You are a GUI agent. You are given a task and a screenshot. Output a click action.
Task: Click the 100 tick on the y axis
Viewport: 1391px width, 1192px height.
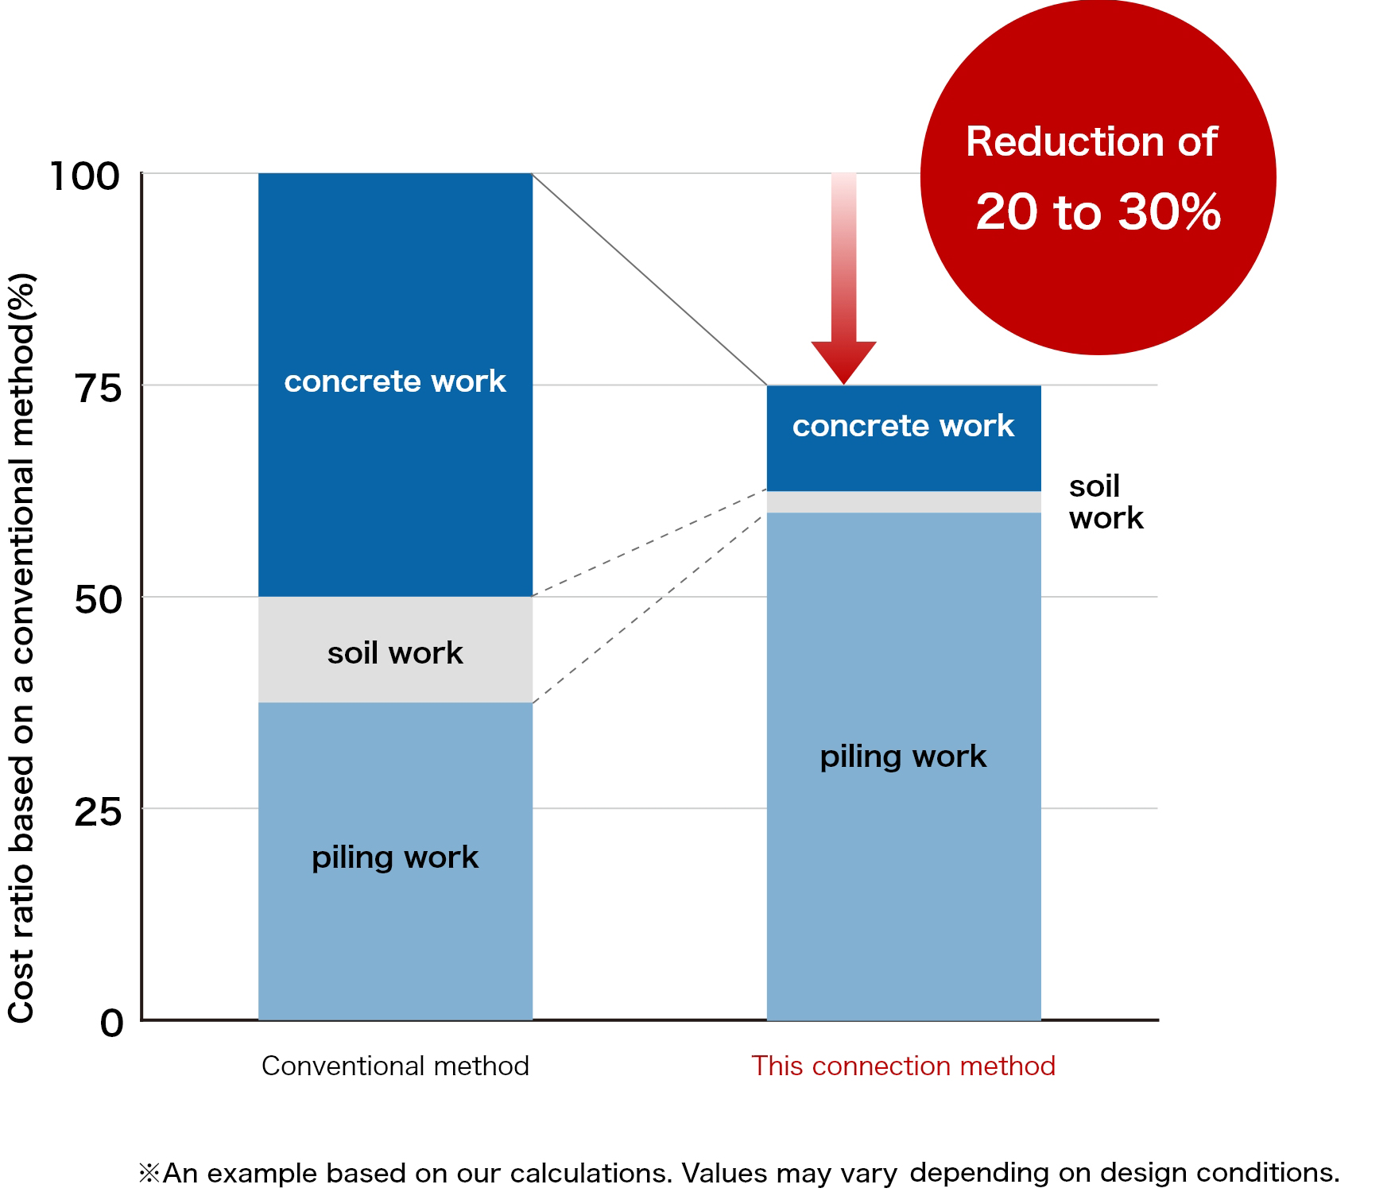(84, 176)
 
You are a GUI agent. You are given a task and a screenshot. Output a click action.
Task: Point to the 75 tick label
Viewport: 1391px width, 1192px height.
(99, 388)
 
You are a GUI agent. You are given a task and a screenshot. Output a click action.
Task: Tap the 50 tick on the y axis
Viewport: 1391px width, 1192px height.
(99, 599)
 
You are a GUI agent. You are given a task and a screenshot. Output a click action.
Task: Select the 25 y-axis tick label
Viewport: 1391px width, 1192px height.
(99, 811)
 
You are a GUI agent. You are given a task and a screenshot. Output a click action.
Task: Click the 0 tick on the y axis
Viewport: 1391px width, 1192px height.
(112, 1023)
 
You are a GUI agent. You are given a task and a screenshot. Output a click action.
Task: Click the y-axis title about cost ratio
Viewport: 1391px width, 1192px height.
(21, 648)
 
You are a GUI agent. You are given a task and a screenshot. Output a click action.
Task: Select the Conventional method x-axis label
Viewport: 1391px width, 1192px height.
(395, 1066)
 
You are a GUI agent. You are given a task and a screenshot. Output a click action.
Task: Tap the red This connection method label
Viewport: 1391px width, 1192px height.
(903, 1066)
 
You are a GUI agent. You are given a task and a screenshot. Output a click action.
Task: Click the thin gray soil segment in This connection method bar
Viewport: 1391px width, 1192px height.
(904, 502)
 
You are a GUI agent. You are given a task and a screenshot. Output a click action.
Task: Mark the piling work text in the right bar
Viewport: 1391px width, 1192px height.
(903, 756)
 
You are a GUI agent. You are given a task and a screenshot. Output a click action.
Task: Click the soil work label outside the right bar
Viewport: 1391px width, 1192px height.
(1105, 502)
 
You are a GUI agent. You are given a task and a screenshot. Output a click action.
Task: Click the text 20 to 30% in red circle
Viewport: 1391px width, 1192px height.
(1098, 212)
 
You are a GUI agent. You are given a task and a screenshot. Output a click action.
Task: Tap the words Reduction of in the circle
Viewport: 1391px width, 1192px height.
(1091, 142)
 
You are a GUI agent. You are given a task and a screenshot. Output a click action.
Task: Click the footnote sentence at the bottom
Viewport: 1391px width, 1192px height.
(739, 1173)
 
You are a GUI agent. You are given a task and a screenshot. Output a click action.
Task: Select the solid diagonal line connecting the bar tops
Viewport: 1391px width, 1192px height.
(649, 279)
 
